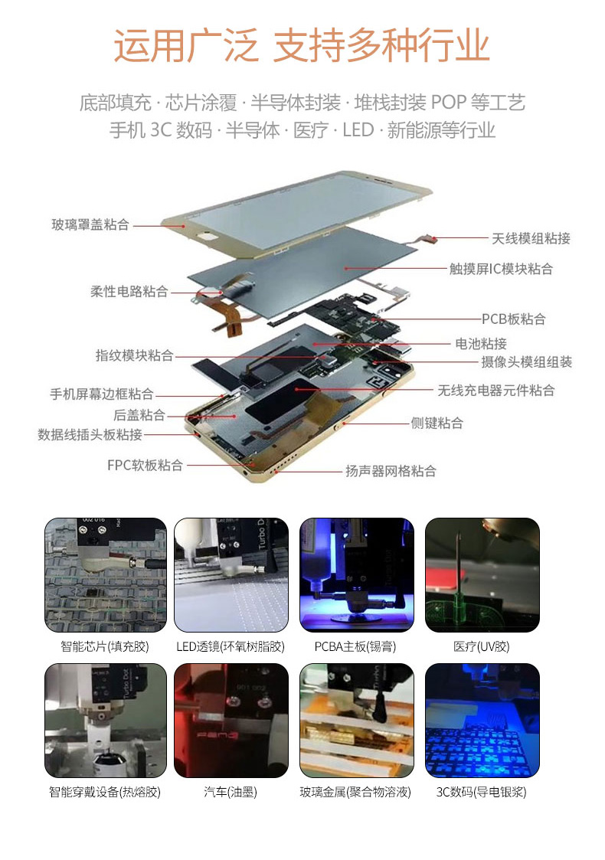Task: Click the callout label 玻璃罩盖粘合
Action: point(90,224)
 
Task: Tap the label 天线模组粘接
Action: point(531,238)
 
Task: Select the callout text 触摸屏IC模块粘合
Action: point(501,269)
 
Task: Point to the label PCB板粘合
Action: point(513,319)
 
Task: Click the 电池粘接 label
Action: point(481,344)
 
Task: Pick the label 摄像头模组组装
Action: point(527,362)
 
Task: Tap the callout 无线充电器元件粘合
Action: point(495,391)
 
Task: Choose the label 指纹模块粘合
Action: point(134,355)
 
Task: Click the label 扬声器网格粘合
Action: point(391,471)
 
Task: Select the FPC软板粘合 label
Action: point(145,466)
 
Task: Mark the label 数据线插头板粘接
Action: point(90,435)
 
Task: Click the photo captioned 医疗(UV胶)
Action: point(482,575)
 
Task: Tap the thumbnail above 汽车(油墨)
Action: point(231,721)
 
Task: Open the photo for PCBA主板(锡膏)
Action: point(357,575)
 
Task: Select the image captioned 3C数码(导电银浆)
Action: point(482,721)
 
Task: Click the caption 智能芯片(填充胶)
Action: point(105,646)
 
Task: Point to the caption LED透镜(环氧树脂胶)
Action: point(231,646)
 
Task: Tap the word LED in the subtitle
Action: point(358,130)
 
